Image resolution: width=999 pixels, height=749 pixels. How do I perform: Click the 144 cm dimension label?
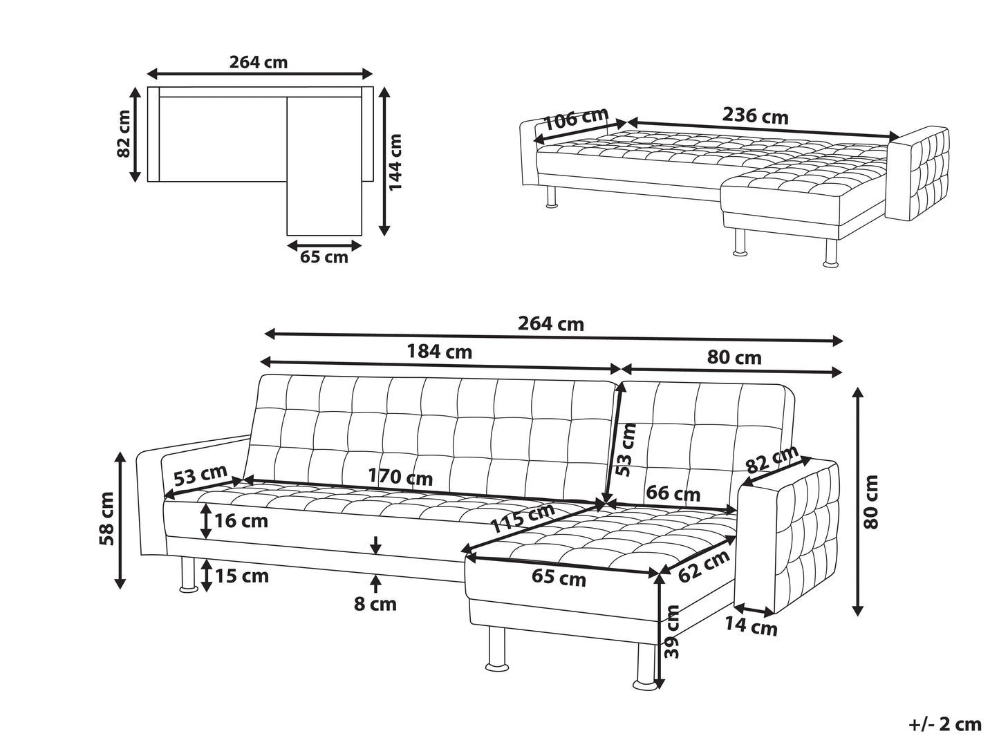click(395, 162)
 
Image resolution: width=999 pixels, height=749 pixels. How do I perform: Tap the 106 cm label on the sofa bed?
click(576, 119)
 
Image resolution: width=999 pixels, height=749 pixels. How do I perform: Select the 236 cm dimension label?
click(755, 116)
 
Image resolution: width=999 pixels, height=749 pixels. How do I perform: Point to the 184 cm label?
click(439, 352)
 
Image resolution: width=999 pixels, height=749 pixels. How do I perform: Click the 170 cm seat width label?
click(400, 477)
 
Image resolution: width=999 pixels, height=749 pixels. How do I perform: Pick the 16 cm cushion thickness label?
click(241, 521)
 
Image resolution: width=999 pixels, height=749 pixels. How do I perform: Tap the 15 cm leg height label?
click(242, 576)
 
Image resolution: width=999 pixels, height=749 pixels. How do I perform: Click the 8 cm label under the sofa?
click(375, 604)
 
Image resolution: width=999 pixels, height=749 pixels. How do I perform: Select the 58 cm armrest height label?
click(107, 518)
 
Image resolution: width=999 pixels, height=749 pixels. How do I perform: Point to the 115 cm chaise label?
click(523, 518)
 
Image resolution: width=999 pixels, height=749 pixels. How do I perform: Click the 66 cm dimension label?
click(673, 493)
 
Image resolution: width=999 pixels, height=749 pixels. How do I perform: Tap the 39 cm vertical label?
click(672, 632)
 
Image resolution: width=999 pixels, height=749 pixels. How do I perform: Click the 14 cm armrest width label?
click(751, 626)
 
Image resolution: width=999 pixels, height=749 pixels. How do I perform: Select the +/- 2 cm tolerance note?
click(944, 725)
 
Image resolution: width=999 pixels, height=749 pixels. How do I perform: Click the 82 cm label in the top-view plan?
click(123, 134)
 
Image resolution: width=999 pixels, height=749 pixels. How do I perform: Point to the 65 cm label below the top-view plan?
click(324, 258)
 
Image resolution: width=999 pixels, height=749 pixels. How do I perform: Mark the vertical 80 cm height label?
click(870, 502)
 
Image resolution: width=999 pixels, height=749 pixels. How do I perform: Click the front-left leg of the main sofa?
click(189, 576)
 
